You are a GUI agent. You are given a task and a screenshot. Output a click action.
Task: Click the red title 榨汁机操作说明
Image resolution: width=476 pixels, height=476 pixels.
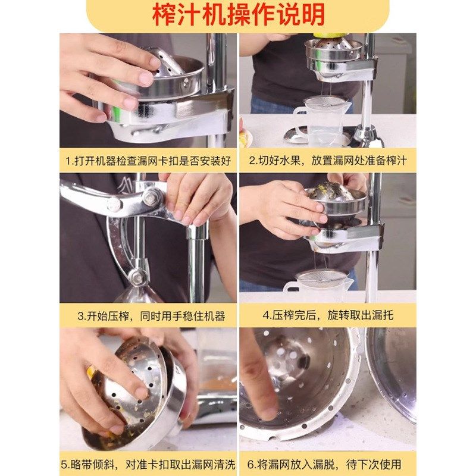[238, 15]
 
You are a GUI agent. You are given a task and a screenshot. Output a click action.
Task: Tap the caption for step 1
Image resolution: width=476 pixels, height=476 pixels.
[148, 161]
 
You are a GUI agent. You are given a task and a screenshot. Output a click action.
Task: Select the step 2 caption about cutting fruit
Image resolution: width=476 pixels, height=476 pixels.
[328, 161]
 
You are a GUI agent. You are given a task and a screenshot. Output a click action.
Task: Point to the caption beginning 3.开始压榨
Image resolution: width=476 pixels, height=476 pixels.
[148, 316]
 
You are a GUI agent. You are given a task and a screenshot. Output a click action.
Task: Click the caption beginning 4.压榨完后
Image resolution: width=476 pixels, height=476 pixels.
[328, 315]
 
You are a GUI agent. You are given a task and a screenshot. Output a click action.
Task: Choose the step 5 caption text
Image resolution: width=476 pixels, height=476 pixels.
[148, 464]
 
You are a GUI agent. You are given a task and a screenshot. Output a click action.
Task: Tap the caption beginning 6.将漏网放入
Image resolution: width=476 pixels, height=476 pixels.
[328, 464]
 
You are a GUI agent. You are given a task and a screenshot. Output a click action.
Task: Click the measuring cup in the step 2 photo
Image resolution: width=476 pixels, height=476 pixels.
[321, 122]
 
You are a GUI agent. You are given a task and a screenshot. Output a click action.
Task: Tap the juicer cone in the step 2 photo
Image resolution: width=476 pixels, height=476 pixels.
[333, 45]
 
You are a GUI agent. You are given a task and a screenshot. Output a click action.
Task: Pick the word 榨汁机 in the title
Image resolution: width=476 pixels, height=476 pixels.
[184, 15]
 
